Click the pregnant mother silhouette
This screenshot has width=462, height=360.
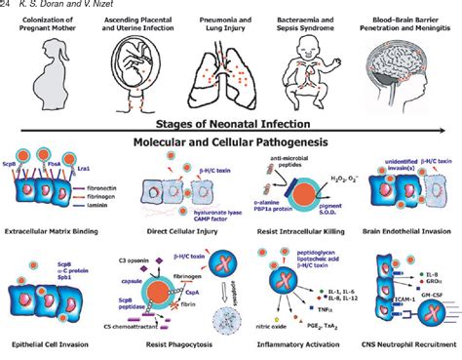tap(51, 84)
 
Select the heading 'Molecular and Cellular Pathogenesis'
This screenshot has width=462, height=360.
tap(231, 142)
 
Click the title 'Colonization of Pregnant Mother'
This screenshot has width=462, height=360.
tap(52, 26)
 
